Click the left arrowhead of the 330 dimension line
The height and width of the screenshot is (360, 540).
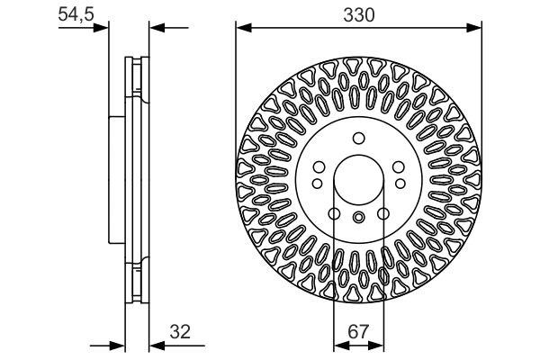pos(240,28)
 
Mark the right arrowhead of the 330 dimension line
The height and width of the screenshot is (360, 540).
pos(476,28)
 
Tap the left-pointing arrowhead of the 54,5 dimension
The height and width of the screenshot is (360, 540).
pos(153,28)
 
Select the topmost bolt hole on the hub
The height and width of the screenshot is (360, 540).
pos(358,138)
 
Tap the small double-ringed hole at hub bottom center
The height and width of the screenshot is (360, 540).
pos(358,217)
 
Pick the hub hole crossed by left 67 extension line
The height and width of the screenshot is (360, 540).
pos(334,213)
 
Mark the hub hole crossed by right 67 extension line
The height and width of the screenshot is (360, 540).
pos(382,213)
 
